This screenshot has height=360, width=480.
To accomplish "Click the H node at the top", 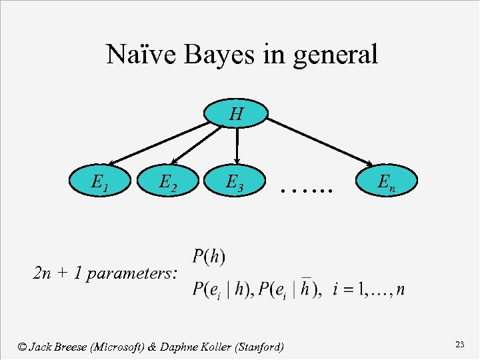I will pos(237,114).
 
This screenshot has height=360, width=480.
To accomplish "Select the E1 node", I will pos(101,181).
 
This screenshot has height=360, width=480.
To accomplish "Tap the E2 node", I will pos(167,181).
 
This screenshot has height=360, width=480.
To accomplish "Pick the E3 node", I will pos(235,181).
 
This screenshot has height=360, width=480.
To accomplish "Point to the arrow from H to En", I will pos(320,142).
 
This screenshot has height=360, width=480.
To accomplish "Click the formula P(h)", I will pos(209,255).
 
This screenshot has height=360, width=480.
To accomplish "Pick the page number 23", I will pos(459,344).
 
